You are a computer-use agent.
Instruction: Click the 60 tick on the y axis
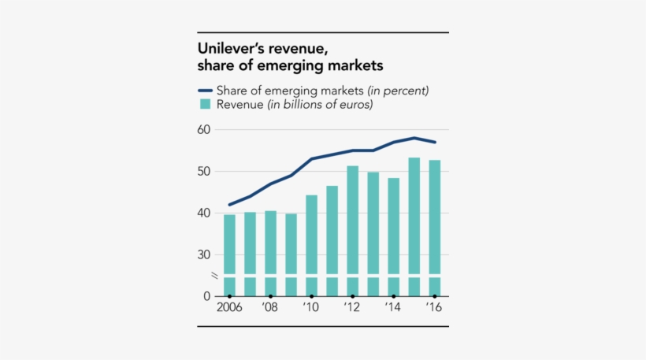click(x=205, y=129)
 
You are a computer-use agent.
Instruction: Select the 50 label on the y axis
click(x=205, y=171)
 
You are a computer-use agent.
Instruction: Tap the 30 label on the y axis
click(x=205, y=254)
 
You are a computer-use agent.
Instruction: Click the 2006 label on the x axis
click(x=228, y=308)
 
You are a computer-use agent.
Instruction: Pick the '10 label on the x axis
click(x=310, y=308)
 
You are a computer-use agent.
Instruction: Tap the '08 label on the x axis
click(x=269, y=308)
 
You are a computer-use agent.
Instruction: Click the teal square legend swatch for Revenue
click(x=205, y=104)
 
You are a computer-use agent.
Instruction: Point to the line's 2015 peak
click(x=414, y=138)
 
